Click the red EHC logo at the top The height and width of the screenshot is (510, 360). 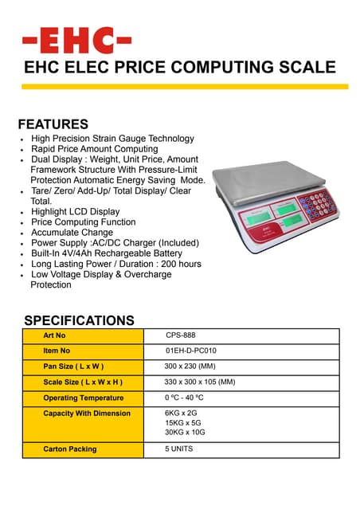tap(76, 40)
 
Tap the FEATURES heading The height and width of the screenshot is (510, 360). tap(53, 124)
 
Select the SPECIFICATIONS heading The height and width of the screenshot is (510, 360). tap(79, 320)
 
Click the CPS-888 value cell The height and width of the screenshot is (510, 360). tap(181, 335)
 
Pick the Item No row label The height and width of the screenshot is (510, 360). tap(57, 351)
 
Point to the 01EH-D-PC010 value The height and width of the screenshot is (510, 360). tap(191, 351)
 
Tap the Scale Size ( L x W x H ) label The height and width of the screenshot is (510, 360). tap(83, 382)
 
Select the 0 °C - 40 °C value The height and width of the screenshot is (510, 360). tap(185, 397)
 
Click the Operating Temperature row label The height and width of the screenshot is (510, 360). tap(83, 397)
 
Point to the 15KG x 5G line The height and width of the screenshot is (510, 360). tap(183, 423)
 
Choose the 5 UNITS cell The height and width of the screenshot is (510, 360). tap(178, 449)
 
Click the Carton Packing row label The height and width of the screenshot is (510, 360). tap(70, 449)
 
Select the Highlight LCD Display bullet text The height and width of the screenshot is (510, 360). tap(75, 212)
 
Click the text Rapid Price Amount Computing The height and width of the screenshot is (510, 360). tap(94, 149)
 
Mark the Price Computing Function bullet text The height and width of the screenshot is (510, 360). tap(83, 222)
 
